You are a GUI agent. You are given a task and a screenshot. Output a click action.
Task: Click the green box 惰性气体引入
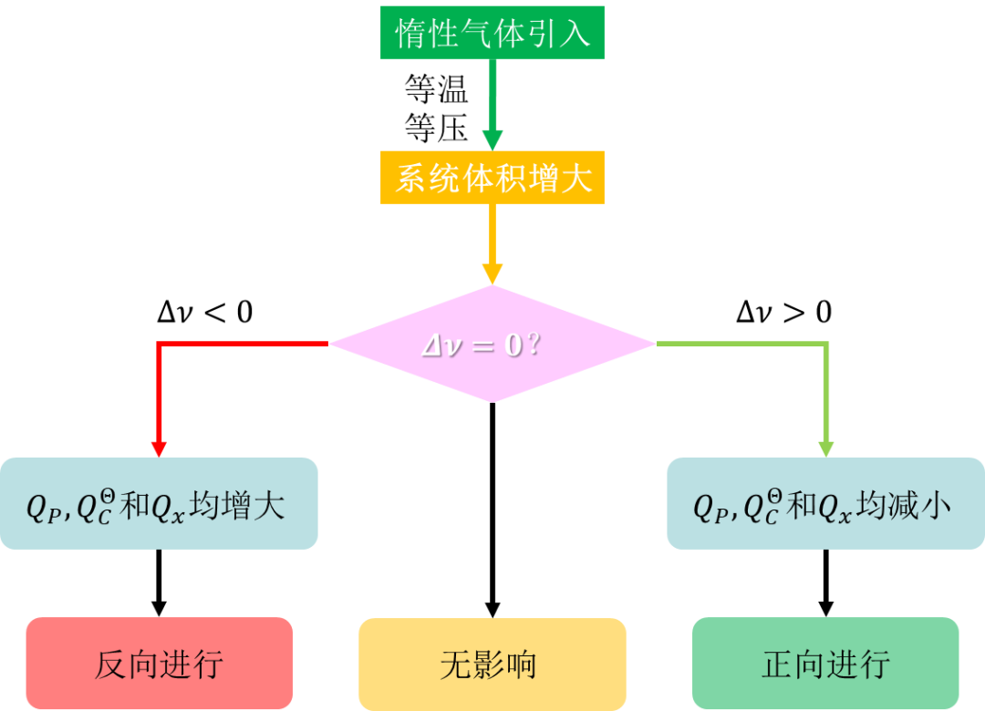pyautogui.click(x=493, y=34)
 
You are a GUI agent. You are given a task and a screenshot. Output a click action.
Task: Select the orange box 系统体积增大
pyautogui.click(x=493, y=177)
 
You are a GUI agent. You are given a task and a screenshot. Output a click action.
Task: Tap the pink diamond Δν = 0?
pyautogui.click(x=493, y=344)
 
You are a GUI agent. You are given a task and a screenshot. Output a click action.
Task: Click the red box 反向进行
pyautogui.click(x=159, y=664)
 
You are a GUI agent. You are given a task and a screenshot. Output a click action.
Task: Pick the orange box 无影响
pyautogui.click(x=493, y=664)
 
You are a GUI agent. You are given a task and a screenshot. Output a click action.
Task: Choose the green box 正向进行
pyautogui.click(x=825, y=664)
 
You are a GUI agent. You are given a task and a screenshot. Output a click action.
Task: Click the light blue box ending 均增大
pyautogui.click(x=159, y=503)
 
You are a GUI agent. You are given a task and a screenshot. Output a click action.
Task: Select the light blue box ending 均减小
pyautogui.click(x=825, y=503)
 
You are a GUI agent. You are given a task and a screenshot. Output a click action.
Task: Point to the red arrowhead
pyautogui.click(x=159, y=449)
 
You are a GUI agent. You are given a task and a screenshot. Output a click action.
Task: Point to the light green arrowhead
pyautogui.click(x=826, y=449)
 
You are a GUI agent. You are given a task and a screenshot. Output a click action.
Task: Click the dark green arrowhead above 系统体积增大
pyautogui.click(x=493, y=139)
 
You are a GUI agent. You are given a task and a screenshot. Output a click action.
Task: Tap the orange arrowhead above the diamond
pyautogui.click(x=493, y=274)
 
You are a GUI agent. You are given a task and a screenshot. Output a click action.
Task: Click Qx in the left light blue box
pyautogui.click(x=168, y=508)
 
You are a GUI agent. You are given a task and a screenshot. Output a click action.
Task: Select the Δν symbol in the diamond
pyautogui.click(x=443, y=345)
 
